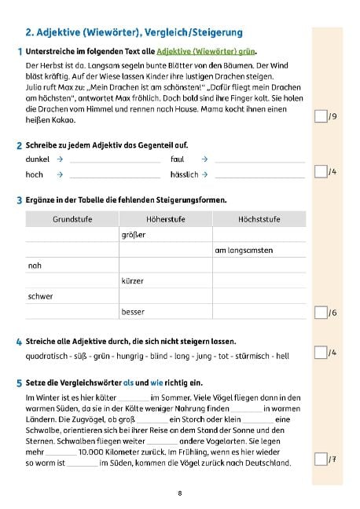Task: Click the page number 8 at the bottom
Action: coord(180,493)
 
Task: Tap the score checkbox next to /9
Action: coord(319,117)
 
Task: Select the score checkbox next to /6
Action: coord(319,313)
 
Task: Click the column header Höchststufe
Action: coord(259,218)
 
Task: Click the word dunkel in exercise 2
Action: coord(37,159)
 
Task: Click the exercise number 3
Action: coord(19,200)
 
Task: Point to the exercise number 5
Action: coord(19,383)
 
